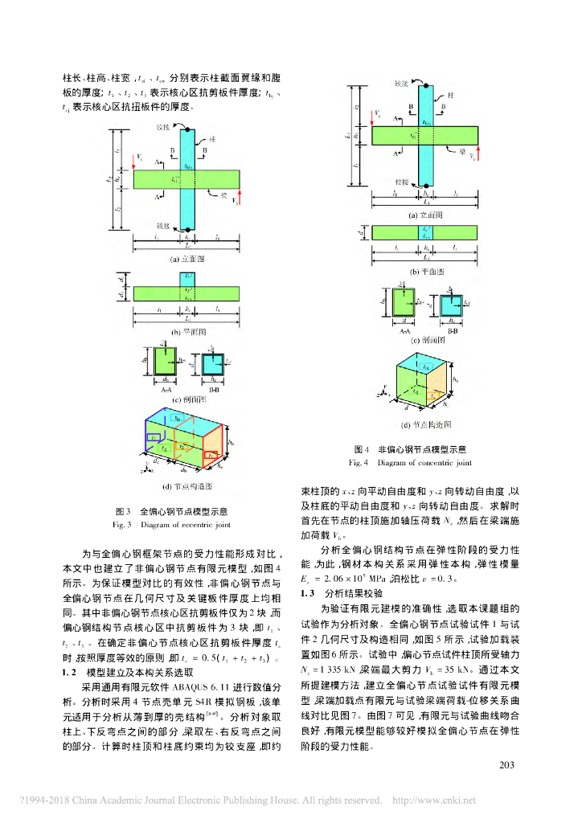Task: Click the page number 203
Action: pos(506,764)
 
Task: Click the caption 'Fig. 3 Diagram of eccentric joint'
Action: pos(173,525)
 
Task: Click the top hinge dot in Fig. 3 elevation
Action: pos(187,129)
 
